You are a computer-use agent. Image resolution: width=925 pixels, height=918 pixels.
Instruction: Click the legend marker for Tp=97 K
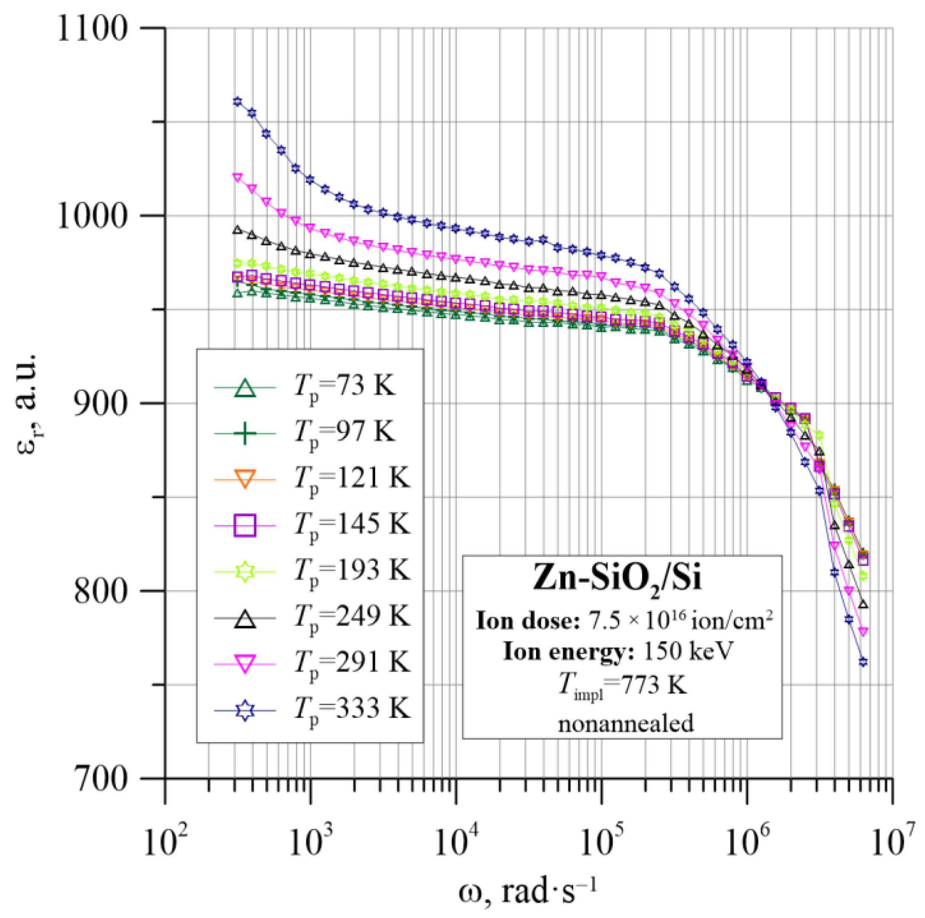[x=245, y=433]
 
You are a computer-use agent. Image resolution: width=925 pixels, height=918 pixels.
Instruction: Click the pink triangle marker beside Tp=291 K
[x=245, y=664]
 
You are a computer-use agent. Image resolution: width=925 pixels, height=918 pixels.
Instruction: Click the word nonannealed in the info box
[x=626, y=723]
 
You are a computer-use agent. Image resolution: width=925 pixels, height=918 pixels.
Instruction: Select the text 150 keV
[x=688, y=651]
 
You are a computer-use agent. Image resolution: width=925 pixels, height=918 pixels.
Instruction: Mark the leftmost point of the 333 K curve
[x=237, y=102]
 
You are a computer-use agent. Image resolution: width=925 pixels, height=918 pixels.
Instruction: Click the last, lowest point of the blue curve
[x=863, y=662]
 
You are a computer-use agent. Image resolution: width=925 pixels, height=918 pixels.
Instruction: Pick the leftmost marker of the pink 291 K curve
[x=237, y=177]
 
